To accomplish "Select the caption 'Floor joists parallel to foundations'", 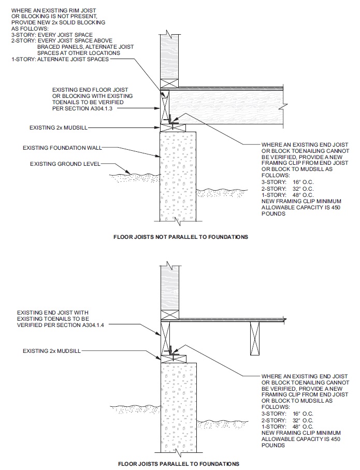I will click(x=178, y=463).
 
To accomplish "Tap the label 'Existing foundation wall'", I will click(x=62, y=148).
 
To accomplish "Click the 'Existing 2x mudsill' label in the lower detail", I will click(x=52, y=351).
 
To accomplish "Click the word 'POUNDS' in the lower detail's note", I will click(x=273, y=445).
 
